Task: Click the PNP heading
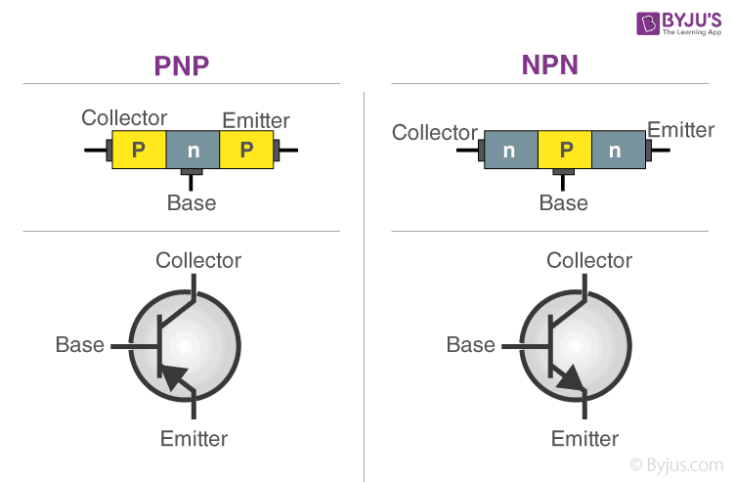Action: (183, 66)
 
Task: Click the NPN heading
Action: (549, 66)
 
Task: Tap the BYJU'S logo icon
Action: (622, 23)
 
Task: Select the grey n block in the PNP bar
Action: (193, 150)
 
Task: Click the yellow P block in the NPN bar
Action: (565, 150)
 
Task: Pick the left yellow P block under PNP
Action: (139, 150)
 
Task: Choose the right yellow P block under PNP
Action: (246, 150)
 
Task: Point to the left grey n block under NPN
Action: (510, 150)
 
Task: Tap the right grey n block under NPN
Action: (618, 150)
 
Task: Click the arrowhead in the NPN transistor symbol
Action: (571, 379)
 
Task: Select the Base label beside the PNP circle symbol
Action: (80, 344)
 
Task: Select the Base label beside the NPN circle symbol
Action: (470, 344)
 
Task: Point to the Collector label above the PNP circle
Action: (198, 260)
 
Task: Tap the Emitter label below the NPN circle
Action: (584, 438)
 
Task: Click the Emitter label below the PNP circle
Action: (194, 438)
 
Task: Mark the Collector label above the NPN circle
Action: (589, 260)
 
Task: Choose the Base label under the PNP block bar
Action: (192, 203)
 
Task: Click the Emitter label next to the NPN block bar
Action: (681, 129)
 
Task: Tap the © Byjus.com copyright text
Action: (675, 464)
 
